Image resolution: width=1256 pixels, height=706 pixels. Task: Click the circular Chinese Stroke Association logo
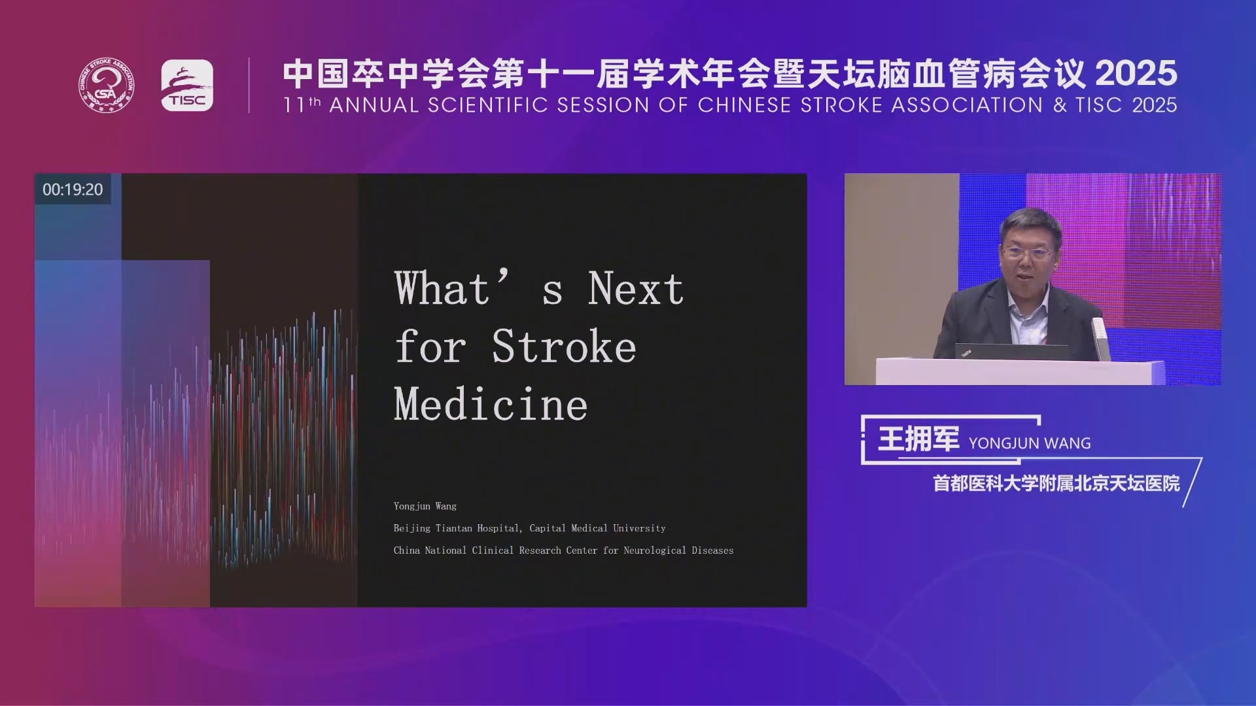107,85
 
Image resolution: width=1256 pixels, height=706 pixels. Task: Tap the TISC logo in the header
187,85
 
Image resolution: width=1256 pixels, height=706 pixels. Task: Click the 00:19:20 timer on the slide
73,190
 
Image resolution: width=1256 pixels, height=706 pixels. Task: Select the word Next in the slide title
635,288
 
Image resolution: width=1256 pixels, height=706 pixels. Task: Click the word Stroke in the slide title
564,346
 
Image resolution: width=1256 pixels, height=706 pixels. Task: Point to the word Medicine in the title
491,404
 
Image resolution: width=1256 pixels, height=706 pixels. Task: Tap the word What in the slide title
442,288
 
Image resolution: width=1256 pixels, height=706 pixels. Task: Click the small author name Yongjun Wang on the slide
425,506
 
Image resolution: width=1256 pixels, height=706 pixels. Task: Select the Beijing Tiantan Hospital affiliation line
529,528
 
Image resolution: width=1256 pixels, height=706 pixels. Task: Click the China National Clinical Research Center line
563,550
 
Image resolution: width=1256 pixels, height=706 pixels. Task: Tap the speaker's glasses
1028,252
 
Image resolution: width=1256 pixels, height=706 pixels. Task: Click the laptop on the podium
1011,351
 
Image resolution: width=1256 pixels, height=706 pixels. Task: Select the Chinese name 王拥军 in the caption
918,439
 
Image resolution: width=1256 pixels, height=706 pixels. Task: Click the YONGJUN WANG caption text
1030,443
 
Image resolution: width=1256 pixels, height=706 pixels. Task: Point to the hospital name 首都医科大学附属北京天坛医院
1056,484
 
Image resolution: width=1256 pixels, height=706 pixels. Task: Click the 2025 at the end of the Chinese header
1136,73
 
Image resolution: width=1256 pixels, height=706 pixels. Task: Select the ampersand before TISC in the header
1060,105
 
